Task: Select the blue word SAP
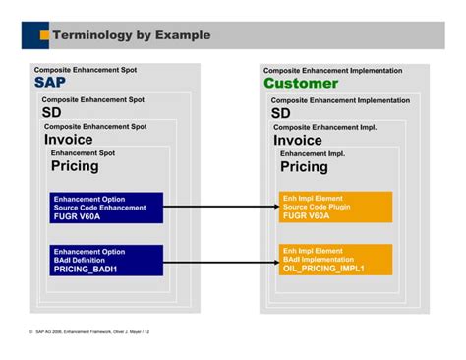[50, 84]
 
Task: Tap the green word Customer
[300, 84]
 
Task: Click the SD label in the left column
[51, 113]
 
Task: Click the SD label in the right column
[281, 113]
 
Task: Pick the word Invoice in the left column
[68, 140]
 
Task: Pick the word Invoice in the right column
[298, 140]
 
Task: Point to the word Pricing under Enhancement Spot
[75, 166]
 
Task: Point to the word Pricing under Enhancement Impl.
[304, 167]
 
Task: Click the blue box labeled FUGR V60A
[106, 208]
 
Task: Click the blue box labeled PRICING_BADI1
[106, 260]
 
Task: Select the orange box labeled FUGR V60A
[335, 208]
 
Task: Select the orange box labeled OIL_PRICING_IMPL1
[335, 260]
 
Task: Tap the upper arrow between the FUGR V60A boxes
[220, 208]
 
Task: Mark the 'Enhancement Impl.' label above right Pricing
[312, 153]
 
